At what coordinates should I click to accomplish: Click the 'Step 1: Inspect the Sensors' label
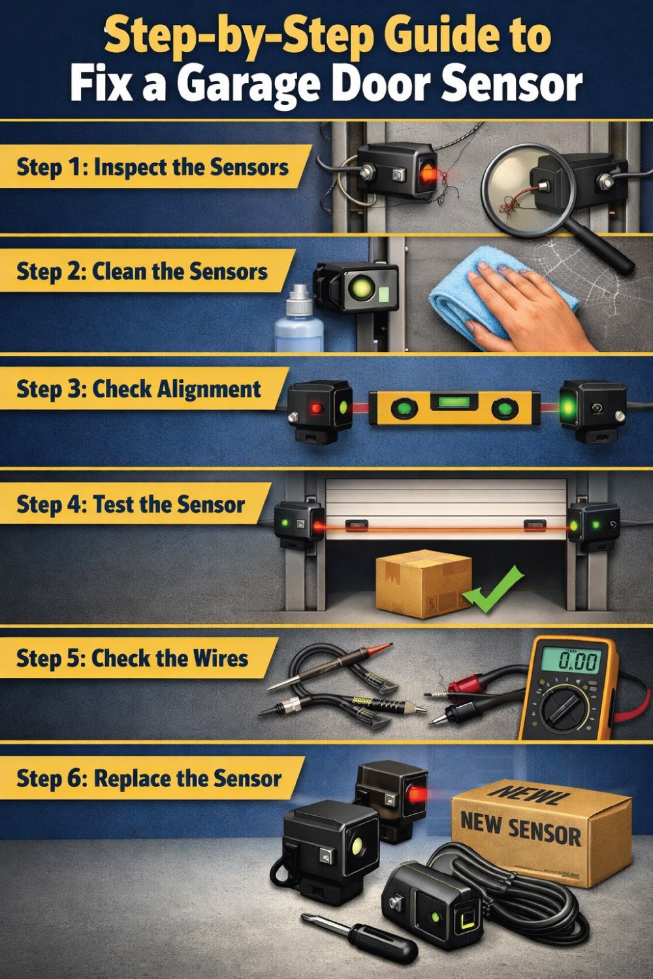tap(152, 167)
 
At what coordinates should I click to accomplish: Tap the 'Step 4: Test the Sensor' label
tap(131, 505)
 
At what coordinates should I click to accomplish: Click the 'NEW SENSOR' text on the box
tap(520, 828)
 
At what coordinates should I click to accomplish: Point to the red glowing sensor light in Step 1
tap(429, 172)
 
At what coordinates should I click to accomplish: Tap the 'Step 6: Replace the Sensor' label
tap(149, 778)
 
